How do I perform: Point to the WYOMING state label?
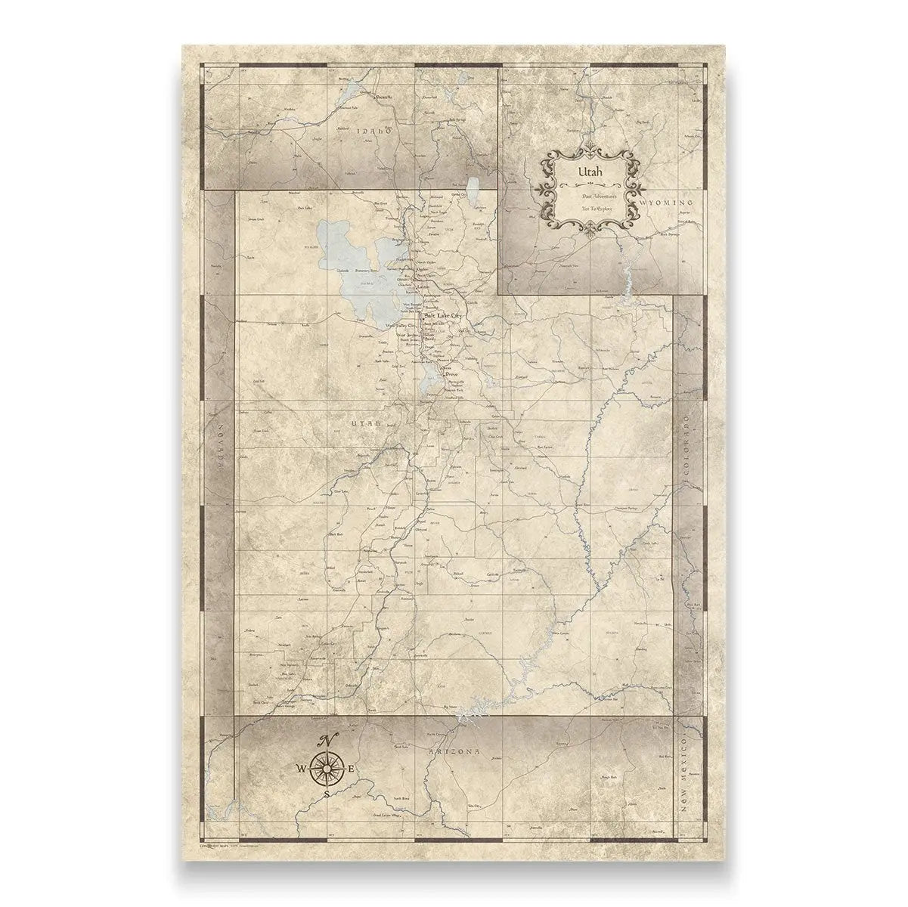coord(666,204)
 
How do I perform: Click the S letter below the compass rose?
coord(326,794)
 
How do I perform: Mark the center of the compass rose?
coord(327,769)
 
